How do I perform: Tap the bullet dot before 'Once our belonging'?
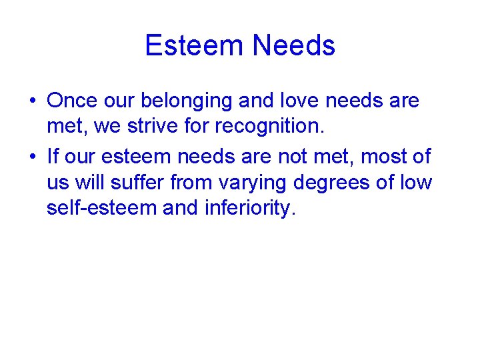pos(32,101)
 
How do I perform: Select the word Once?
pos(73,101)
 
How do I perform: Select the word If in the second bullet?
pos(53,157)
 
